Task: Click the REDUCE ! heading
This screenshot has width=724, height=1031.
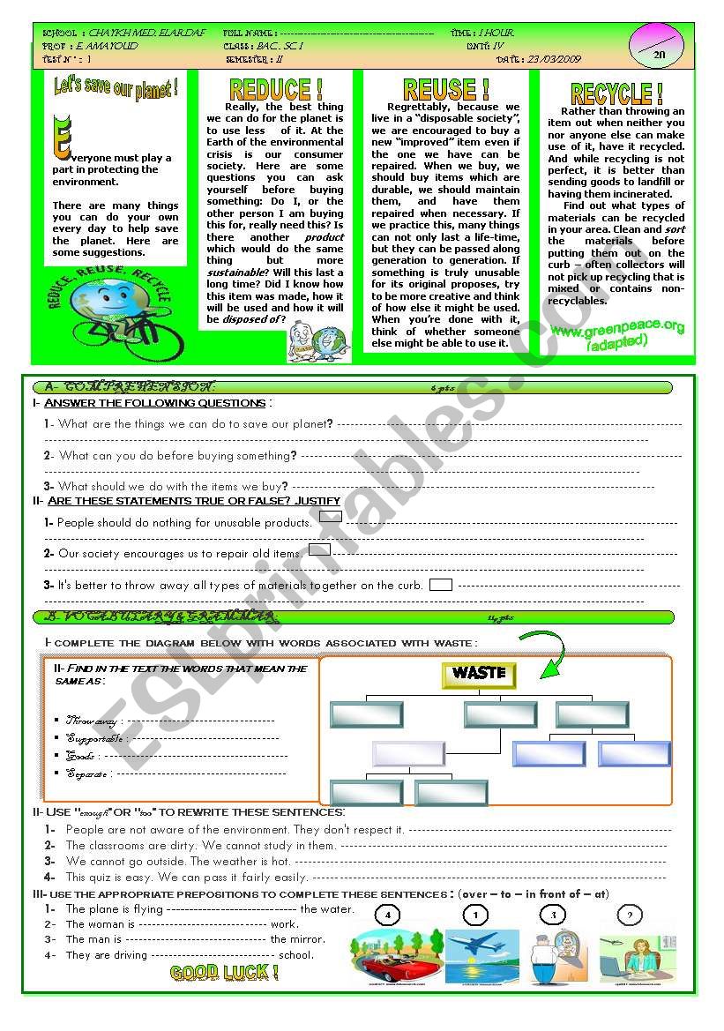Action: (275, 89)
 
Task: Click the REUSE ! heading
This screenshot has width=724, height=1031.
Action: (445, 89)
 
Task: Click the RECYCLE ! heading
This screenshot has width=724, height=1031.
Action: (616, 93)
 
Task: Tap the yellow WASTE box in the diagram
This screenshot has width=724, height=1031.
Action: (479, 674)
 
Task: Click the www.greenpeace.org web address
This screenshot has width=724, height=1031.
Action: (617, 328)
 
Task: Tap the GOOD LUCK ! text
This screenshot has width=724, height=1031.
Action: (224, 974)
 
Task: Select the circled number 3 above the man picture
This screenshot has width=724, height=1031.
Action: (554, 915)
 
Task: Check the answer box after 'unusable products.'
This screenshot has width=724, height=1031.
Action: (330, 517)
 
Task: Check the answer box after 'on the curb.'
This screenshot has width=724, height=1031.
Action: (440, 584)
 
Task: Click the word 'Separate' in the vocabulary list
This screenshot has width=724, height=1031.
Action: (87, 774)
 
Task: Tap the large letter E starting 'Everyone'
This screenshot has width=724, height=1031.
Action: (59, 136)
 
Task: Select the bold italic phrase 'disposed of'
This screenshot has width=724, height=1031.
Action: (252, 319)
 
